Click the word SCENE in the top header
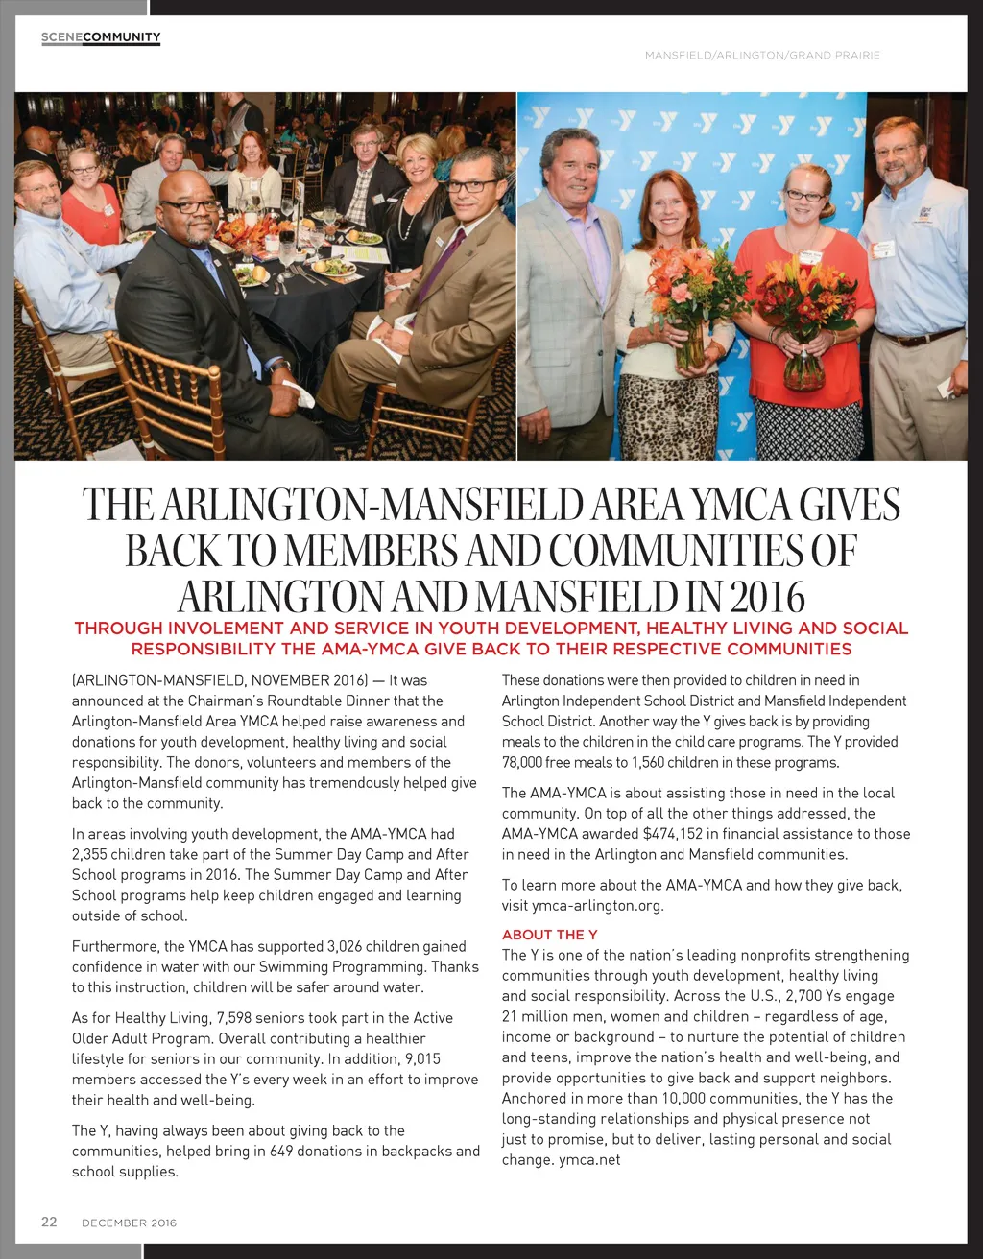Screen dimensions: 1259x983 point(61,37)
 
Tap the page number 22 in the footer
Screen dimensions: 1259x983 point(49,1222)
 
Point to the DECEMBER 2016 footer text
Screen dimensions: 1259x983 point(129,1223)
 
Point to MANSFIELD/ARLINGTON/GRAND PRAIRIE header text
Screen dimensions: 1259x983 point(762,56)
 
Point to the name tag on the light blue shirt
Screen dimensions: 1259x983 point(883,249)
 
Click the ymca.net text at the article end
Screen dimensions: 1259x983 point(589,1159)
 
